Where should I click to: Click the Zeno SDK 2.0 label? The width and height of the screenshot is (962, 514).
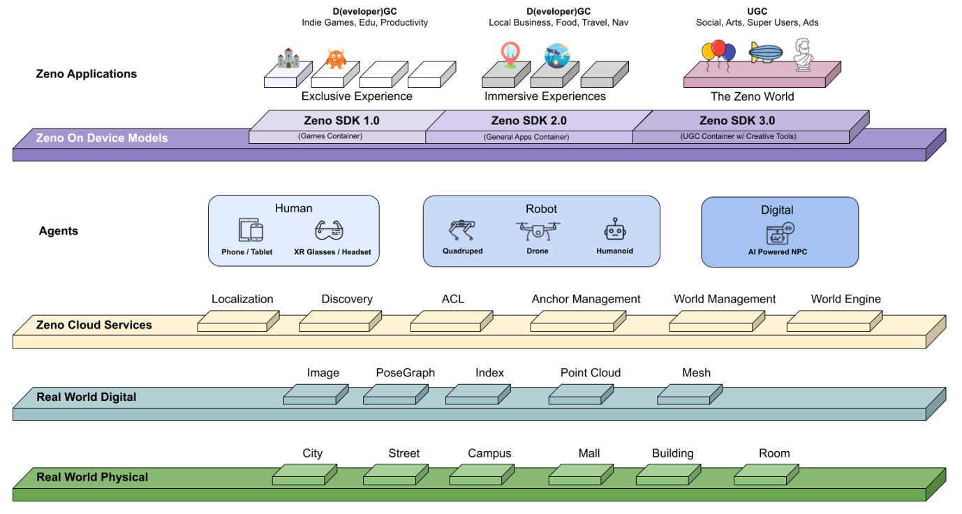[x=528, y=121]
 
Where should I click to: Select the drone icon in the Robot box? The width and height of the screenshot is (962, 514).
[x=538, y=230]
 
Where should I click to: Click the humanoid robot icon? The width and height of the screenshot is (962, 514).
[x=614, y=230]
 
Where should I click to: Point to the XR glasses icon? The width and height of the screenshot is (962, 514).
[x=330, y=230]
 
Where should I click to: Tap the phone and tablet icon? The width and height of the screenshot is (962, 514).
[x=251, y=230]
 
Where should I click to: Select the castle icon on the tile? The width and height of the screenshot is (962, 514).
[x=287, y=59]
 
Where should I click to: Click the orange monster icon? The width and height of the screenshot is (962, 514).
[x=336, y=58]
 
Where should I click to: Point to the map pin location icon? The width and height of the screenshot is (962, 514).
[x=510, y=55]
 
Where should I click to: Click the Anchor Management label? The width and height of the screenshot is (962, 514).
[x=586, y=299]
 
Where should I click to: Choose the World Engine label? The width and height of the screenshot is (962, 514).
[x=845, y=299]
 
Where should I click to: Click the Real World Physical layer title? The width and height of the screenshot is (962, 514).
[x=92, y=477]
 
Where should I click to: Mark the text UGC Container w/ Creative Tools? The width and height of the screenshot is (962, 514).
[x=738, y=136]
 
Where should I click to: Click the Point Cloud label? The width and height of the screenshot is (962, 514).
[x=590, y=373]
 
